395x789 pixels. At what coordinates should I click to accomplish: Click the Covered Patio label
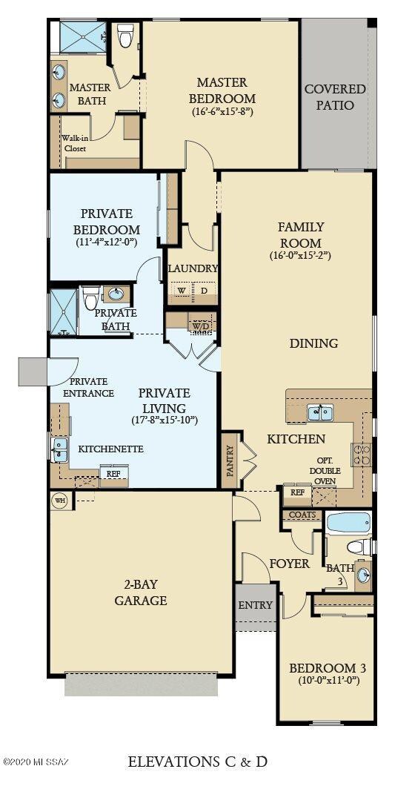point(335,97)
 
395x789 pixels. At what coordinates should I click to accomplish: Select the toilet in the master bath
point(125,35)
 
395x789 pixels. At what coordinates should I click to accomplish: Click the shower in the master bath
point(83,36)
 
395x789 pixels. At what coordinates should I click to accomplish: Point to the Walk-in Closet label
point(74,143)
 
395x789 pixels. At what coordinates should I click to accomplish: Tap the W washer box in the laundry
point(181,291)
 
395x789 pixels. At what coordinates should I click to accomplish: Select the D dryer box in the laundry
point(204,291)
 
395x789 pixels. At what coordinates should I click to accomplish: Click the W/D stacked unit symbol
point(200,326)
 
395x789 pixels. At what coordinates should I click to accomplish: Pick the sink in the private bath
point(116,294)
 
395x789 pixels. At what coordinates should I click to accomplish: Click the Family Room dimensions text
point(299,256)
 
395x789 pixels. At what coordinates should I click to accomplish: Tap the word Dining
point(313,343)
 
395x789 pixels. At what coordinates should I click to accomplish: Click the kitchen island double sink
point(321,412)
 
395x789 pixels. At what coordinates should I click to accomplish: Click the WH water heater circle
point(59,501)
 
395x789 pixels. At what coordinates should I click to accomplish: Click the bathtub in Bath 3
point(348,522)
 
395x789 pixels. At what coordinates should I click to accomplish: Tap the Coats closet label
point(302,515)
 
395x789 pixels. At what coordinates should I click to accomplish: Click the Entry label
point(256,605)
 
